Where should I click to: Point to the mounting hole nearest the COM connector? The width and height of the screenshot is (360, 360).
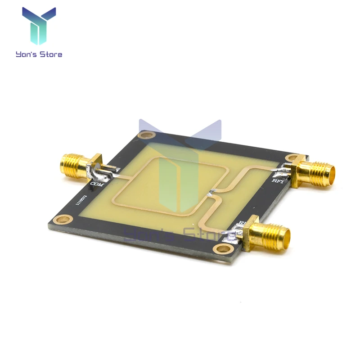(x=145, y=135)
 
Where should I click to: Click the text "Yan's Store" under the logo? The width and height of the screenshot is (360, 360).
(x=39, y=54)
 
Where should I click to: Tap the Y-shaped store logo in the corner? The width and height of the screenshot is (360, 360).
(x=39, y=26)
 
